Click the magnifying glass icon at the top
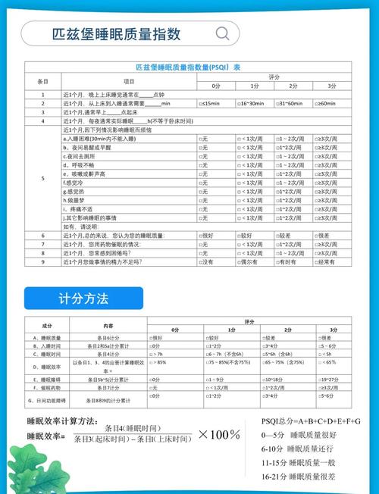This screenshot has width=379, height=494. (x=223, y=34)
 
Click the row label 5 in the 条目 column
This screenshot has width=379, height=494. (x=42, y=179)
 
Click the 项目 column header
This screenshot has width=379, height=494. (x=129, y=81)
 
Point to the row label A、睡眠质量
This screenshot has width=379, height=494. (x=47, y=337)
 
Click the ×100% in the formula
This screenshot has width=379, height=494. (x=219, y=434)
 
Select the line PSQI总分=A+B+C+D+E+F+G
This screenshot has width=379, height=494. (x=311, y=421)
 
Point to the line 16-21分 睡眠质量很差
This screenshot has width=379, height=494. (x=298, y=477)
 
